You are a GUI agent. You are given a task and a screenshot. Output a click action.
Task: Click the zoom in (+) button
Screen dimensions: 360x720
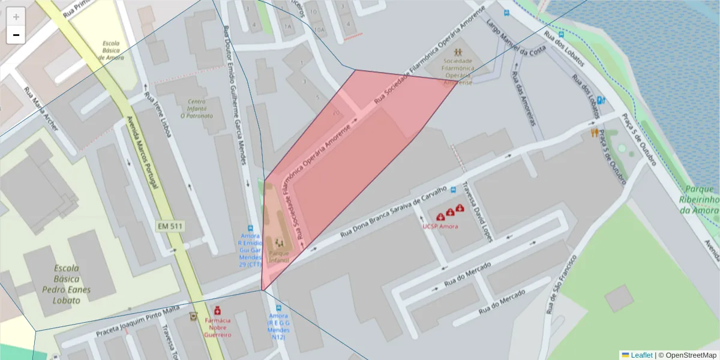tap(16, 16)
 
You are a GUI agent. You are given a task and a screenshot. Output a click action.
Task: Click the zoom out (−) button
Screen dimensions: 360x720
tap(16, 35)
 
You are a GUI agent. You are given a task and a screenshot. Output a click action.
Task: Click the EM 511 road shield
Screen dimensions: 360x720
tap(170, 226)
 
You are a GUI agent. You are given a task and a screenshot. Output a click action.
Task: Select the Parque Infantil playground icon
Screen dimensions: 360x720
tap(279, 243)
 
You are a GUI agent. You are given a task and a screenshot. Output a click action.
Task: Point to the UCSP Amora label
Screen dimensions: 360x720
tap(440, 226)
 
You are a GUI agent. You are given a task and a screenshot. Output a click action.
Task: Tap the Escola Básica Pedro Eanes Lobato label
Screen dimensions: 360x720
tap(58, 284)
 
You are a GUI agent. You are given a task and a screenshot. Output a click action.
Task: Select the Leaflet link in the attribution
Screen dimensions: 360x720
tap(641, 355)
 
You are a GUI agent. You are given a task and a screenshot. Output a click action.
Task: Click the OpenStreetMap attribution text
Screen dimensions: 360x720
tap(687, 355)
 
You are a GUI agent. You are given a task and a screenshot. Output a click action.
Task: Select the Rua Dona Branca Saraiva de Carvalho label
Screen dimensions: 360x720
tap(393, 212)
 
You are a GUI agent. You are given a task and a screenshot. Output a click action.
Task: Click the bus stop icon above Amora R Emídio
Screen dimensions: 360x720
tap(250, 229)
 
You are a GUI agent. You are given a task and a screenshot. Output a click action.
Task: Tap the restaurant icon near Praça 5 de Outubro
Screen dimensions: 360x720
tap(594, 133)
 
